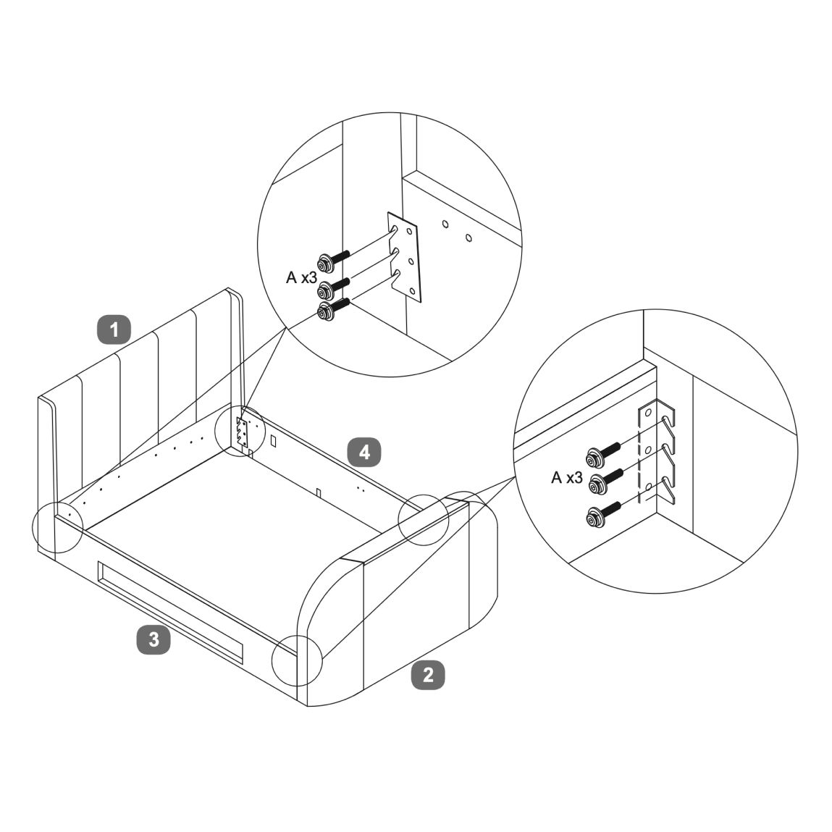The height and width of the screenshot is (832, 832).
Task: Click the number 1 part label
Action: tap(114, 329)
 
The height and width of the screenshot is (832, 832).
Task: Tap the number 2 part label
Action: tap(428, 675)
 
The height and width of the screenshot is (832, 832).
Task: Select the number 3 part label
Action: tap(154, 639)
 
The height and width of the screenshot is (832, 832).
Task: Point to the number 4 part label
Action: tap(364, 452)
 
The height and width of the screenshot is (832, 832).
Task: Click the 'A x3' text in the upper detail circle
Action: tap(301, 277)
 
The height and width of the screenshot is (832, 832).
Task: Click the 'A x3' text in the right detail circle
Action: tap(566, 478)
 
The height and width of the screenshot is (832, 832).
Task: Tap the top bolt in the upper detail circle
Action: tap(332, 261)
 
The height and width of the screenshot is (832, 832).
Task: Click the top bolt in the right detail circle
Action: tap(603, 453)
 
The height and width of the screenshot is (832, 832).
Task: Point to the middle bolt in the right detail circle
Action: tap(607, 479)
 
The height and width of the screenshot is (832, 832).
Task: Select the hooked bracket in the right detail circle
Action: tap(655, 452)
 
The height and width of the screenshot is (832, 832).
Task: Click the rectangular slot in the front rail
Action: tap(169, 612)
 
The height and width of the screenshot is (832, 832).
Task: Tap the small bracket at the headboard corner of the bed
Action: tap(242, 432)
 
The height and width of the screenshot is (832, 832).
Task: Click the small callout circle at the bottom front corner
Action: tap(297, 660)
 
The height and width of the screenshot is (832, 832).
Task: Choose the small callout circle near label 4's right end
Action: tap(424, 519)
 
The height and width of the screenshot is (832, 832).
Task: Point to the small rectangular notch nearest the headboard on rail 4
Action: tap(273, 440)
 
